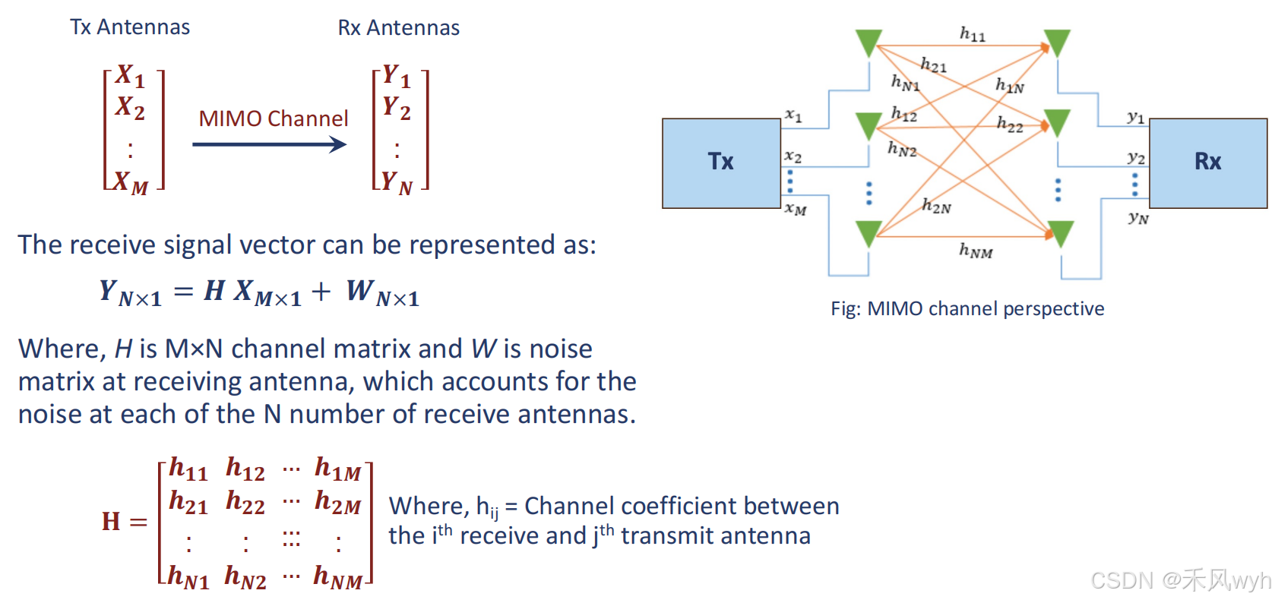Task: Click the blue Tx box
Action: (x=720, y=163)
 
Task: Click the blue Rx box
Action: (x=1207, y=163)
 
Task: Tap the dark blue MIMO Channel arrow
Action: (x=270, y=144)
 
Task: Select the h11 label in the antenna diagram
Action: (x=972, y=34)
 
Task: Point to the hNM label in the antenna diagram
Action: (x=976, y=251)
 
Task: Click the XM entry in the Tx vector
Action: (x=131, y=182)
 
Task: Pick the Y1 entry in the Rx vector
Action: (x=397, y=75)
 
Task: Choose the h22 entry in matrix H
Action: (x=245, y=503)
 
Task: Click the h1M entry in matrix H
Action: (x=338, y=469)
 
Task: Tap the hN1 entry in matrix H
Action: (x=188, y=577)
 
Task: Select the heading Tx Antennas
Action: (x=130, y=27)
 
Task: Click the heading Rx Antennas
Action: (x=399, y=28)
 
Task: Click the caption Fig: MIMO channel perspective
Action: (x=967, y=308)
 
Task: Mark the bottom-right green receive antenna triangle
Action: (x=1060, y=233)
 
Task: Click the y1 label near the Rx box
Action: (x=1136, y=117)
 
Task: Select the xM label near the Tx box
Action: (x=796, y=208)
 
